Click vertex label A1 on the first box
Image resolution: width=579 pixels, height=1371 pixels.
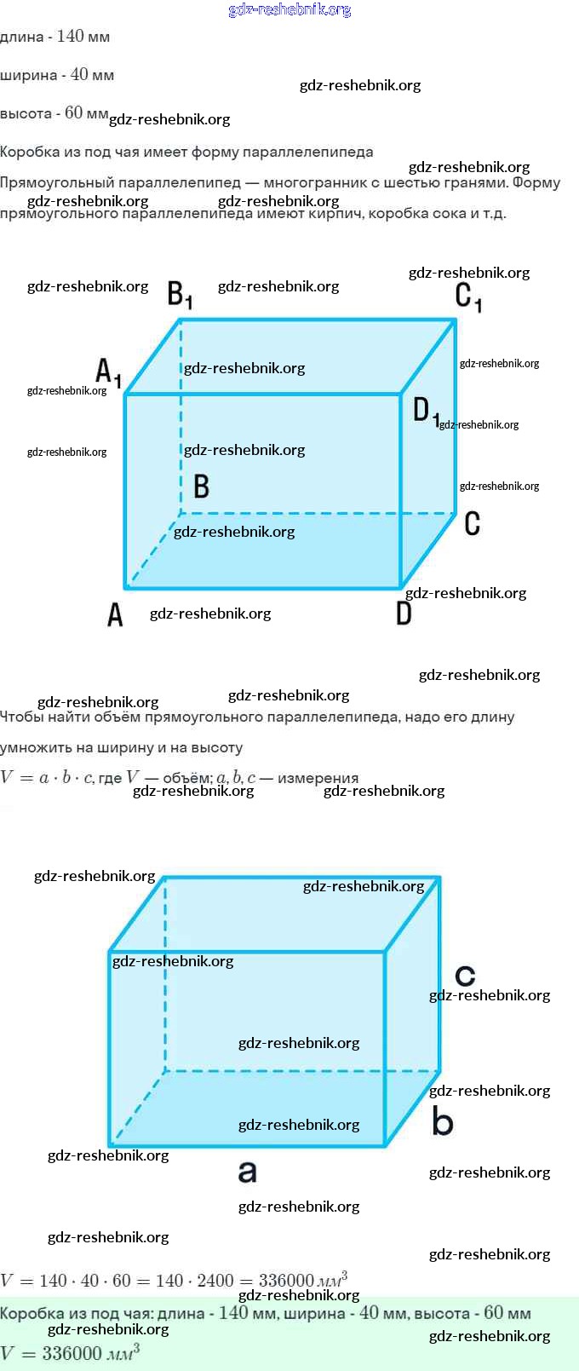point(107,372)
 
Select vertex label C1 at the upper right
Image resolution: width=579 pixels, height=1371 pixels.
point(468,297)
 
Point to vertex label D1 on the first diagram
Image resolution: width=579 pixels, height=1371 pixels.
point(426,411)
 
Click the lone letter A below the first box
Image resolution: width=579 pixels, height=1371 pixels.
point(115,613)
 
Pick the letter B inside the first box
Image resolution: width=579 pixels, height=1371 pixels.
point(201,486)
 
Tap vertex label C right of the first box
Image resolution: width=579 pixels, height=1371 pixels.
point(473,523)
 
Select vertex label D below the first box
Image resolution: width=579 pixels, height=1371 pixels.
point(404,613)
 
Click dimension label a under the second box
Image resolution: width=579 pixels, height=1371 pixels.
point(247,1172)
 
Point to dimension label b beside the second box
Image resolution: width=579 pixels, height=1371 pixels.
point(442,1120)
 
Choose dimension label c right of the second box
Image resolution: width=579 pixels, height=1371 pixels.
point(465,975)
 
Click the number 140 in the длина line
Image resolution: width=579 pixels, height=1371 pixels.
point(70,37)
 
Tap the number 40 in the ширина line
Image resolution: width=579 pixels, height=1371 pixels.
point(80,75)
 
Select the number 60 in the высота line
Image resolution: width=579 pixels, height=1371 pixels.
point(74,113)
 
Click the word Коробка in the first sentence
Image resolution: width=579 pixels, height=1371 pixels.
point(29,153)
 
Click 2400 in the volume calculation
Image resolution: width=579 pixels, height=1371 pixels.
point(215,1281)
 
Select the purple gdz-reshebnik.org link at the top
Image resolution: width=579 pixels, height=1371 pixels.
point(289,9)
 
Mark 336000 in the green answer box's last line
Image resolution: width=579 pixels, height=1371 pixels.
point(72,1353)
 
